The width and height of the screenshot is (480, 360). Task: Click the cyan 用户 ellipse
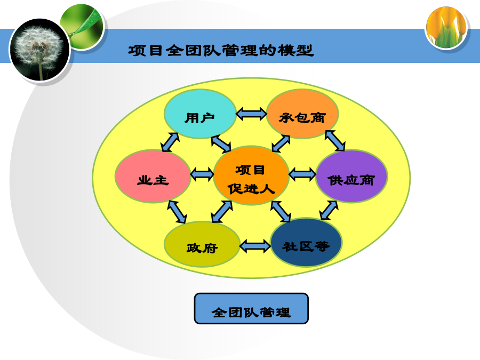(200, 114)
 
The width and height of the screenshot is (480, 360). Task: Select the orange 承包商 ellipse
(302, 114)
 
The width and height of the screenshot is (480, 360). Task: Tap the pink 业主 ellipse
(153, 177)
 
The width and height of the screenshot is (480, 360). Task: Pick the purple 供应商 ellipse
(351, 177)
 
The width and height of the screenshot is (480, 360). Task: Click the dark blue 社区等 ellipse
(306, 243)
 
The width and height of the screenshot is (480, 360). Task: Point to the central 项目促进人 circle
(251, 175)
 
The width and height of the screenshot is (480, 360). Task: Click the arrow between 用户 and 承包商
(251, 114)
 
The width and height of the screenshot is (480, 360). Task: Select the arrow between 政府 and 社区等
(255, 246)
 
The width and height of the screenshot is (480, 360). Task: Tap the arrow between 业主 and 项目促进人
(202, 174)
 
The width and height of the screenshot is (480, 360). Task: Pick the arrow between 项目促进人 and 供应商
(302, 174)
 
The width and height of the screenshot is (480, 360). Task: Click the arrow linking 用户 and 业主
(170, 142)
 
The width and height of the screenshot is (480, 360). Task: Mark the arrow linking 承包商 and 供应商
(335, 140)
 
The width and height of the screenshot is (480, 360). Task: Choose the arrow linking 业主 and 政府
(177, 212)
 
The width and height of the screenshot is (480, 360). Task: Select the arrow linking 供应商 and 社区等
(329, 210)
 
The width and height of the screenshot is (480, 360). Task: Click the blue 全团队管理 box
(251, 309)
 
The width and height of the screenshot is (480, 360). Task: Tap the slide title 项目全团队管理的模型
(221, 51)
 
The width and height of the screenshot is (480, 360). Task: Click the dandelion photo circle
(39, 50)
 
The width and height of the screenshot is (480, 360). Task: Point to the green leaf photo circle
(82, 27)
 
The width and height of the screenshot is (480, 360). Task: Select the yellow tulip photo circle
(446, 28)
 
